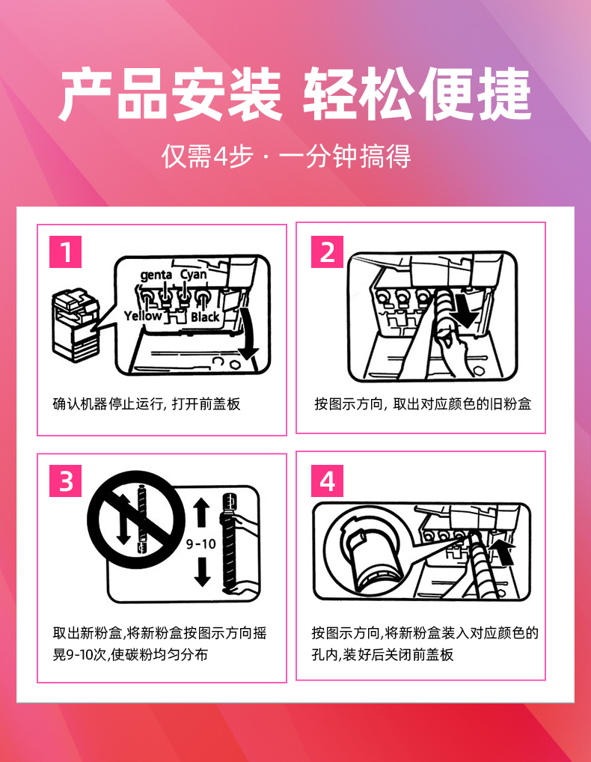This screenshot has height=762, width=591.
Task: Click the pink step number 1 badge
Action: point(66,252)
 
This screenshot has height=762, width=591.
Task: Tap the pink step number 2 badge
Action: point(328,252)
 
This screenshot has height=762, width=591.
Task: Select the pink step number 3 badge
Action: point(66,481)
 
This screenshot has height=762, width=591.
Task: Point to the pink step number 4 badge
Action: point(328,481)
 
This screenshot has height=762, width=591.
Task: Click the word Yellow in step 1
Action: point(143,317)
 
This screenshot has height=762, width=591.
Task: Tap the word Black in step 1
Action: point(205,317)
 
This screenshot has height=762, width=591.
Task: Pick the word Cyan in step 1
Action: point(194,275)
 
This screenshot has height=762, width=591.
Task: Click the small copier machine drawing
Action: point(76,326)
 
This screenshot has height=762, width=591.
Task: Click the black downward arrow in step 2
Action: point(465,312)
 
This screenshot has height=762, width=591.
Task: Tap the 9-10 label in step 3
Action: point(201,543)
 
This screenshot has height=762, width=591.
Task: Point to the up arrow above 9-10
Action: point(201,513)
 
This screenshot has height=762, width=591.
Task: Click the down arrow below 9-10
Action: point(202,572)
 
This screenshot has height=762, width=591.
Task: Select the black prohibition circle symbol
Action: point(136,519)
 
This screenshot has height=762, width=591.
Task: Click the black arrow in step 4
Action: point(502,553)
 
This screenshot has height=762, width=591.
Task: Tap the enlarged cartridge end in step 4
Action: point(370,551)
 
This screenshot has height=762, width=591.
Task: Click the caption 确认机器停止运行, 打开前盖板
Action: point(147,404)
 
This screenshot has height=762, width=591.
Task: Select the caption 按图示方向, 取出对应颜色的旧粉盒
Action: point(423,404)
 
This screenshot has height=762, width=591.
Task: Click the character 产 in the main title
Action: point(86,94)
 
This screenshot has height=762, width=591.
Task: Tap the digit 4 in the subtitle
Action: point(221,156)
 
